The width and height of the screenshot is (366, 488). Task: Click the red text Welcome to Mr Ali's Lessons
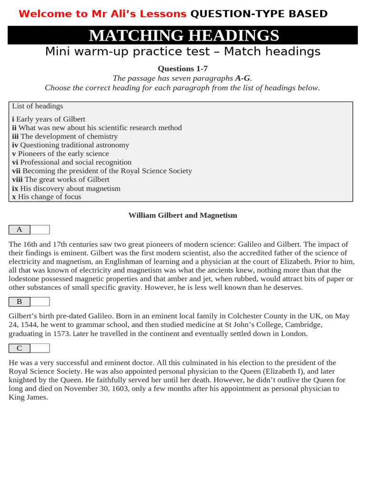coord(102,14)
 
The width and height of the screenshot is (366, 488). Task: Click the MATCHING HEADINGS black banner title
coord(183,36)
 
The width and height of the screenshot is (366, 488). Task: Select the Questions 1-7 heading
coord(183,69)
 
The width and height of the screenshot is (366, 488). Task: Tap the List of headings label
coord(38,106)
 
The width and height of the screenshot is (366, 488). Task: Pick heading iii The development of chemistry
coord(65,136)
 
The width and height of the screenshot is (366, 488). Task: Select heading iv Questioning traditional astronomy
coord(71,145)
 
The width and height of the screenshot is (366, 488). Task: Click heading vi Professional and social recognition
coord(71,162)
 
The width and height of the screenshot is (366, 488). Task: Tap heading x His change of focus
coord(47,197)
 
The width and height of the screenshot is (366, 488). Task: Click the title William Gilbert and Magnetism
coord(183,215)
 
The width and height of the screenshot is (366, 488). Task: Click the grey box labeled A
coord(20,230)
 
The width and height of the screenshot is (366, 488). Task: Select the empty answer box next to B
coord(40,301)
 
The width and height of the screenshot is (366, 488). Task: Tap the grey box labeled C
coord(20,348)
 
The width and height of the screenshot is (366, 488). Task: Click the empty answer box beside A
coord(40,230)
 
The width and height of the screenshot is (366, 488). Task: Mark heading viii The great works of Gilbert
coord(61,180)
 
